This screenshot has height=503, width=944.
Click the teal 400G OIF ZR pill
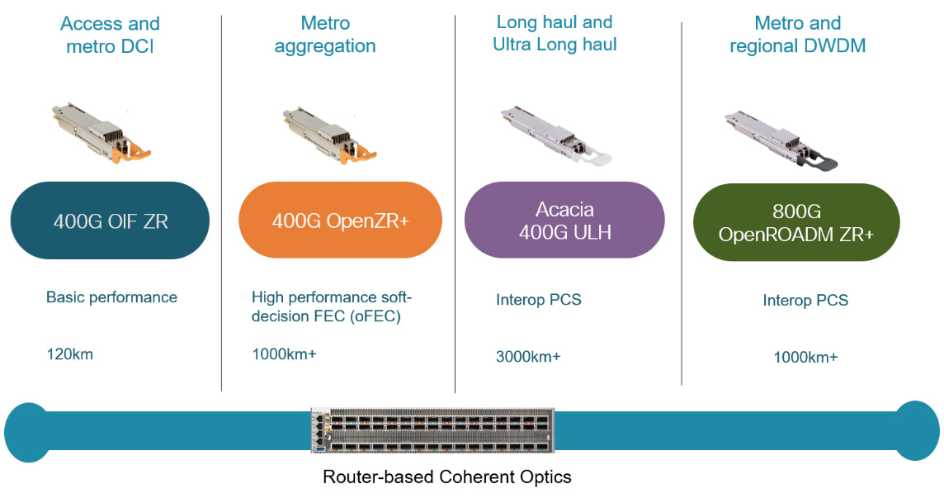(x=110, y=221)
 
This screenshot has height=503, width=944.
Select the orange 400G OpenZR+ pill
(x=340, y=221)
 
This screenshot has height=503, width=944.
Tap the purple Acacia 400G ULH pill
(x=564, y=221)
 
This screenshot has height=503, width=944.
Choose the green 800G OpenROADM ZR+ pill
(x=796, y=223)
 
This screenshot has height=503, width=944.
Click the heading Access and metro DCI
(x=110, y=35)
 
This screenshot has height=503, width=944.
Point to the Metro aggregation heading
(x=325, y=35)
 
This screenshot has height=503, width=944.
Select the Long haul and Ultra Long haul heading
(x=555, y=33)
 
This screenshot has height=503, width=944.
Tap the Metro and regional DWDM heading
(x=797, y=35)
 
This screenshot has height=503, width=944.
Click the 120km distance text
(x=69, y=354)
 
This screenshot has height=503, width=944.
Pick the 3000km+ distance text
(x=528, y=356)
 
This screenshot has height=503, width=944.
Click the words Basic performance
(x=111, y=297)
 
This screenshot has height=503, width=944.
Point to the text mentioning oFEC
(x=332, y=306)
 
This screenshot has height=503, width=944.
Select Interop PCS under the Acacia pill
(x=538, y=300)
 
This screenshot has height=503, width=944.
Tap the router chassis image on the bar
(x=428, y=430)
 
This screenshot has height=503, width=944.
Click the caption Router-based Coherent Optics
(x=446, y=477)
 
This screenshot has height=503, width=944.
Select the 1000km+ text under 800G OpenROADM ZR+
(x=805, y=358)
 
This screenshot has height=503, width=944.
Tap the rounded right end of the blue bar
(x=916, y=430)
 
